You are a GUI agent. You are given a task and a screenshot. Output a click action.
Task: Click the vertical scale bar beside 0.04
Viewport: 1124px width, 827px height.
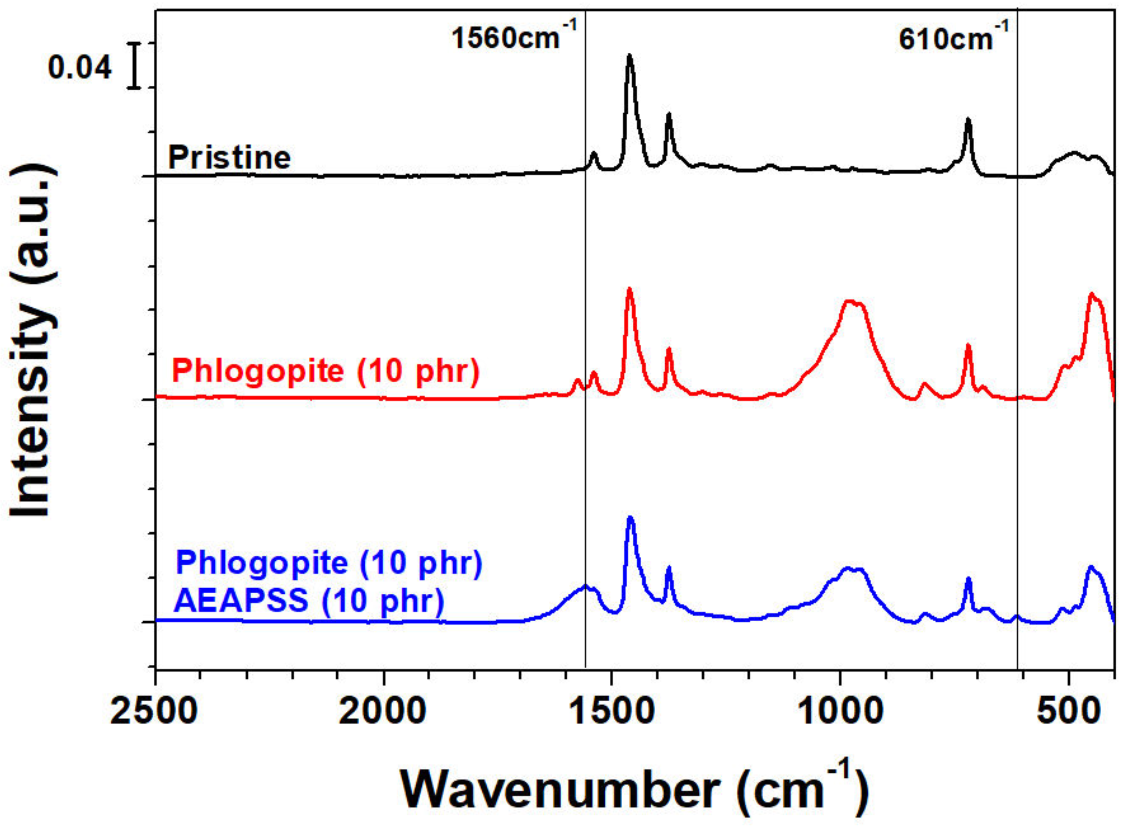pyautogui.click(x=134, y=65)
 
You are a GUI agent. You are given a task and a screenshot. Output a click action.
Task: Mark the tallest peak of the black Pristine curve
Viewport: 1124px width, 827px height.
pyautogui.click(x=630, y=56)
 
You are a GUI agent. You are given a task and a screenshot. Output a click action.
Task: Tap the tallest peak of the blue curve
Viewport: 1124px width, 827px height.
pyautogui.click(x=630, y=518)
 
